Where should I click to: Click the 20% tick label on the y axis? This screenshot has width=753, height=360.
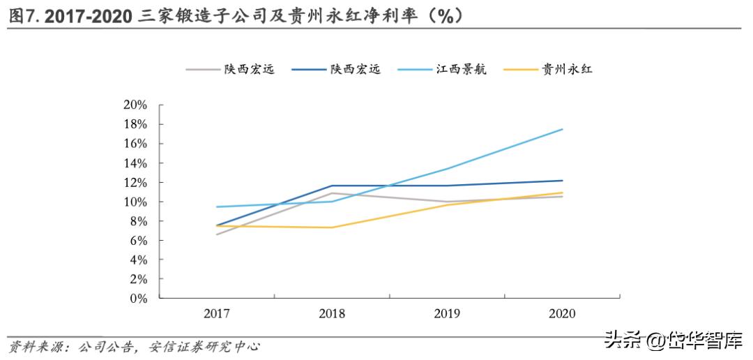coord(135,105)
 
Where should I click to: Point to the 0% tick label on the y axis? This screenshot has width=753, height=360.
coord(138,299)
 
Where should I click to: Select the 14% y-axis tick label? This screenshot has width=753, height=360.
coord(135,163)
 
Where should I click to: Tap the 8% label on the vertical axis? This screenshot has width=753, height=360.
coord(138,221)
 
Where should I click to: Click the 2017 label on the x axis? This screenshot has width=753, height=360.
coord(217,313)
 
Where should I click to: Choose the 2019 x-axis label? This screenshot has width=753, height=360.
coord(447,313)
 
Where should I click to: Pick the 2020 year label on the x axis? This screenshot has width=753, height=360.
coord(562,313)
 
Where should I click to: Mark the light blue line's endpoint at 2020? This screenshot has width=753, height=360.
coord(562,129)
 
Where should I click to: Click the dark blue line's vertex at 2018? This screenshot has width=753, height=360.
coord(332,186)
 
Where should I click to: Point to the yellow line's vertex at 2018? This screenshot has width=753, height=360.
coord(332,227)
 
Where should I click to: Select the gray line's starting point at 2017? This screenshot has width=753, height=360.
coord(217,234)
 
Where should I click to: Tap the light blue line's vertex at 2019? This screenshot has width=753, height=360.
coord(447,169)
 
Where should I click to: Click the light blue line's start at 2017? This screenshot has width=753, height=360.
coord(217,207)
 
